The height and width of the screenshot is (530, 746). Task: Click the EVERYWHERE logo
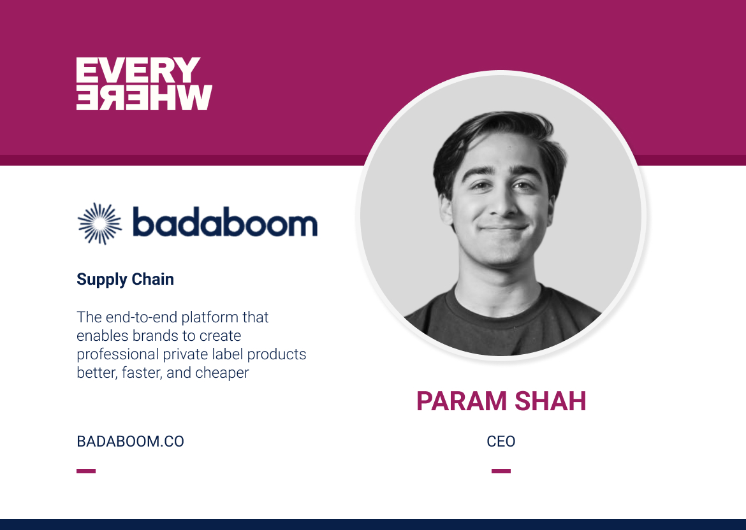pos(144,84)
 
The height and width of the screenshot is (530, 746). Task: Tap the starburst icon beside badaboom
pos(99,224)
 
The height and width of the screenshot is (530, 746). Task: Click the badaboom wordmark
pos(224,224)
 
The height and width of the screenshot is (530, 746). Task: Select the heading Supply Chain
pos(125,279)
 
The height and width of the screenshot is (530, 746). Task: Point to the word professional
pos(117,354)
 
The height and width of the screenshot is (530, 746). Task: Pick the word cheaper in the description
pos(222,373)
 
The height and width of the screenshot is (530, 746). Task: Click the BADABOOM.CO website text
pos(130,441)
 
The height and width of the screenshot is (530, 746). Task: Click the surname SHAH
pos(552,401)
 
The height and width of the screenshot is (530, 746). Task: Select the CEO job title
pos(501,441)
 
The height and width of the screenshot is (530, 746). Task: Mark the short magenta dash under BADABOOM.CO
pos(86,471)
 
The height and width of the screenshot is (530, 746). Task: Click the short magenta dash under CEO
pos(501,471)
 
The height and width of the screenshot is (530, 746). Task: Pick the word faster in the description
pos(138,373)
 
